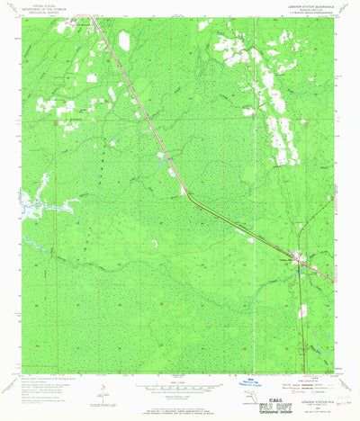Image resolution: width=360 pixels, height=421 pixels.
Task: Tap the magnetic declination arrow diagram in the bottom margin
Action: [x=104, y=392]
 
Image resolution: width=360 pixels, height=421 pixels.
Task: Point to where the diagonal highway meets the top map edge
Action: [x=97, y=19]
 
